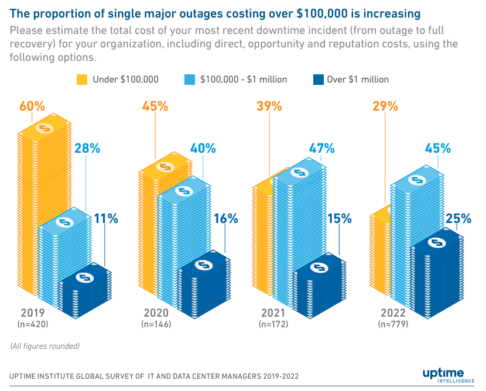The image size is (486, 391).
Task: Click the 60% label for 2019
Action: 32,107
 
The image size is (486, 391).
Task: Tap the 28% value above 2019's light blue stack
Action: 87,148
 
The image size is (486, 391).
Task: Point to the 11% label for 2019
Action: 106,219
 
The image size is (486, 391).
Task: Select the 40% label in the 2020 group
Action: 203,148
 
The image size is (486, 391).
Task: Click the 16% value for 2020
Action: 225,219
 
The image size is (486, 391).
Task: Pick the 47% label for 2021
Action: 321,148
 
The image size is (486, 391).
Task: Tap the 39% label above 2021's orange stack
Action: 269,107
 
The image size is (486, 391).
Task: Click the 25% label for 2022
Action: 458,219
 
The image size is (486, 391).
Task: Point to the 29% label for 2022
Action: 385,107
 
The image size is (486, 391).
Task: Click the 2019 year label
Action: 33,312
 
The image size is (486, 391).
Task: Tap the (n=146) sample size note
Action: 156,324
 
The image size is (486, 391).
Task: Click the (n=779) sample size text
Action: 393,324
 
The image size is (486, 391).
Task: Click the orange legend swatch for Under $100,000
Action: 83,80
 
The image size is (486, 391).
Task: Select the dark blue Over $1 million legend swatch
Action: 320,80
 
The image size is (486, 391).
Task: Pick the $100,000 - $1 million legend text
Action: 243,80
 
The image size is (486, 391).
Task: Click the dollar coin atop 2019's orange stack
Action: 45,128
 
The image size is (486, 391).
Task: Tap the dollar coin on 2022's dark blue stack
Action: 436,242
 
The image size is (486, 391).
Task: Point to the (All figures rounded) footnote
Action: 45,346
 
